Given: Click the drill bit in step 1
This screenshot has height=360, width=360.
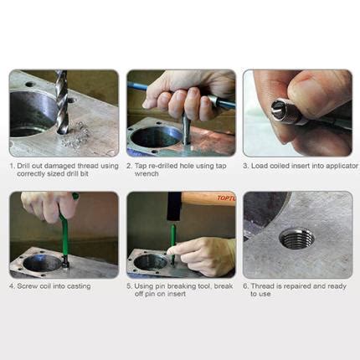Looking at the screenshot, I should click(61, 100).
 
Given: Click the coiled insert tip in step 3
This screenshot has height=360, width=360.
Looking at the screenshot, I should click(278, 110).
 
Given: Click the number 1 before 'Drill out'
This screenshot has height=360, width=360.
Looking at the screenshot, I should click(12, 166).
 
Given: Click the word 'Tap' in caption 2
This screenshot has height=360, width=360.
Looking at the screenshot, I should click(143, 166).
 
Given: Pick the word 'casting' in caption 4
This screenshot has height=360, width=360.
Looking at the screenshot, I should click(79, 286).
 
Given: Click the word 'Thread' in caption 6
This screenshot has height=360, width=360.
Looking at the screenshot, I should click(261, 286).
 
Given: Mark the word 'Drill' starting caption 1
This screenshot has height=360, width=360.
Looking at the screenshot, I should click(24, 166).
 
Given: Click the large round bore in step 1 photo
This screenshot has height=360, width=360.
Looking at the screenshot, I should click(33, 113).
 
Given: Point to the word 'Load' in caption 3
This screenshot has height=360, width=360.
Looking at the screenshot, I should click(260, 166).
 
